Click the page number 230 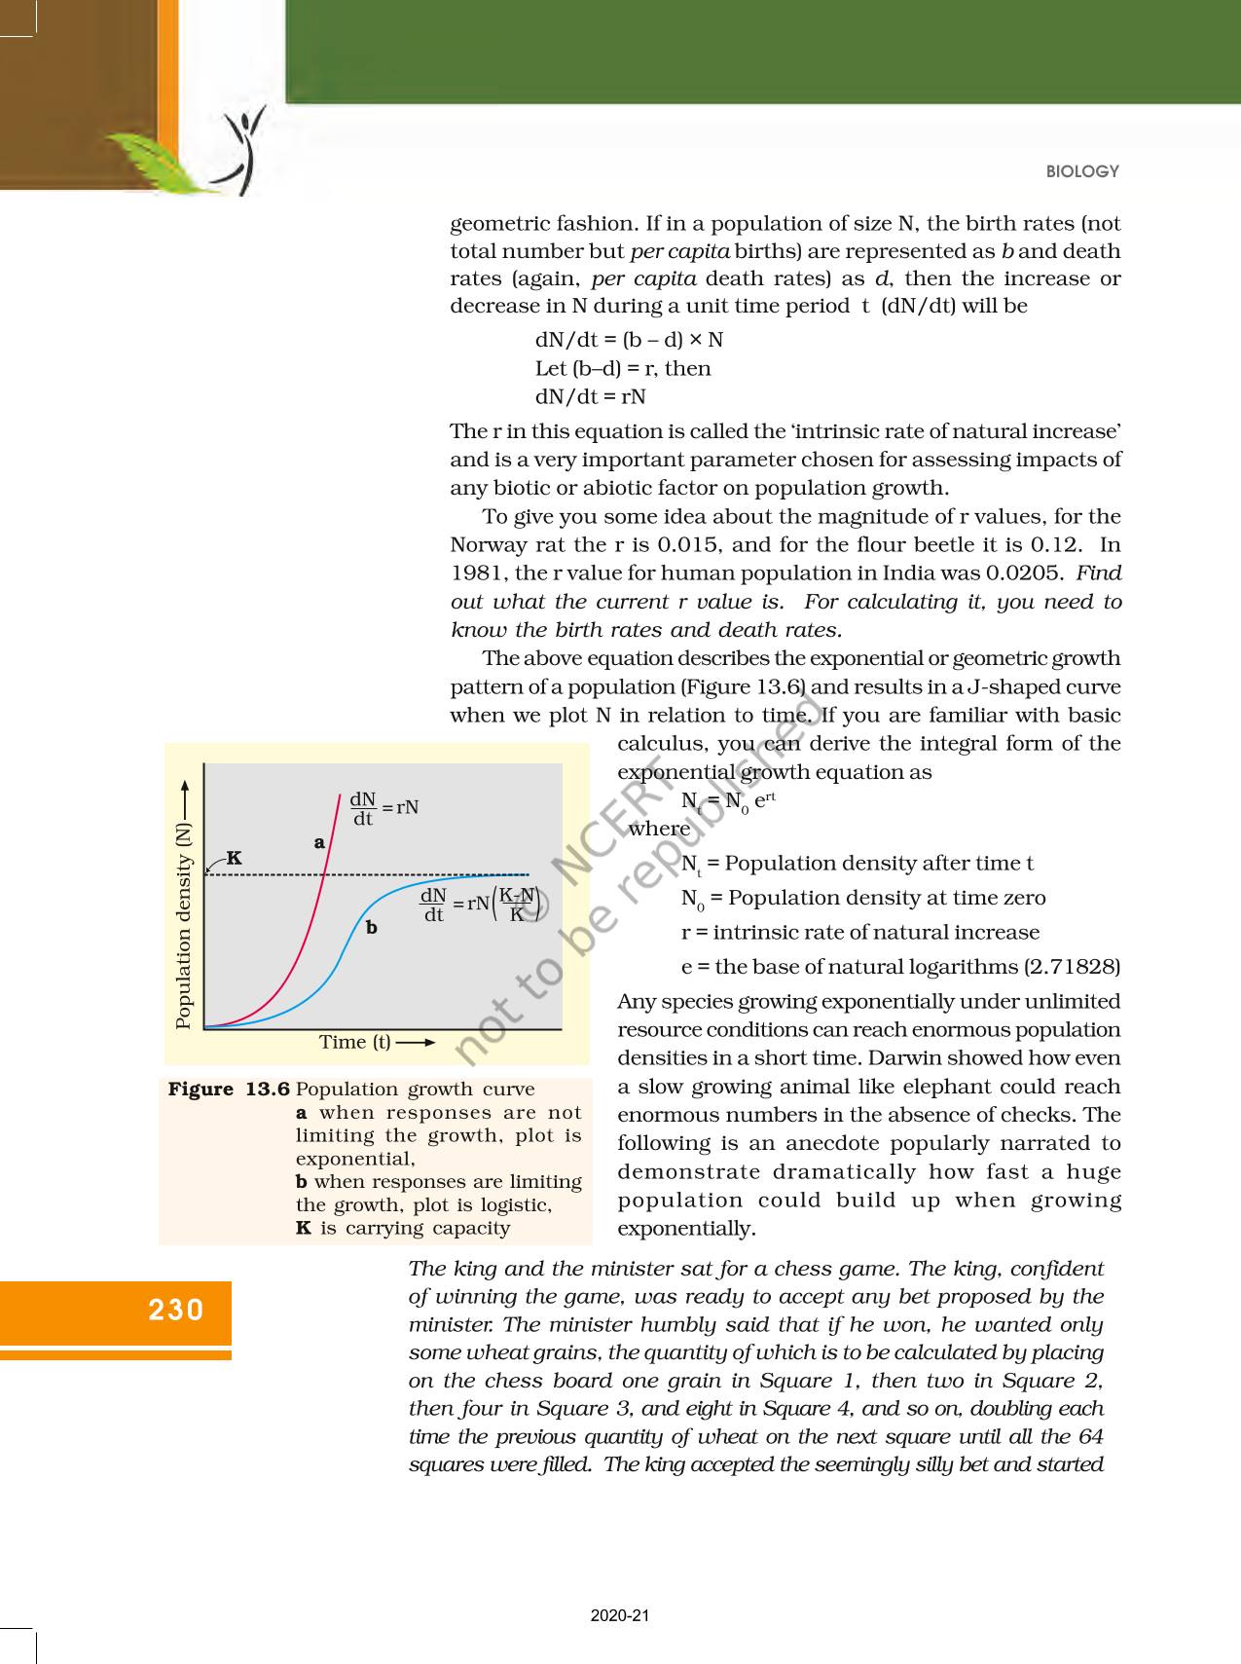pos(176,1310)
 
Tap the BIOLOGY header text pos(1082,171)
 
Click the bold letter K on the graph pos(235,858)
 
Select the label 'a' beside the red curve pos(319,842)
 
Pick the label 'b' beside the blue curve pos(371,928)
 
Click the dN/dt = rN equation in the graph pos(383,808)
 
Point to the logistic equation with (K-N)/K pos(480,904)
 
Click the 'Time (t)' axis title pos(355,1042)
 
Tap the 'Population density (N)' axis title pos(183,925)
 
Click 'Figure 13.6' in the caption pos(229,1090)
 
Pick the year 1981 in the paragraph pos(474,573)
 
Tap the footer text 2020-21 pos(620,1615)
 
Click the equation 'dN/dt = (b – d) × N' pos(629,340)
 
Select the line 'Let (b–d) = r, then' pos(623,368)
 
